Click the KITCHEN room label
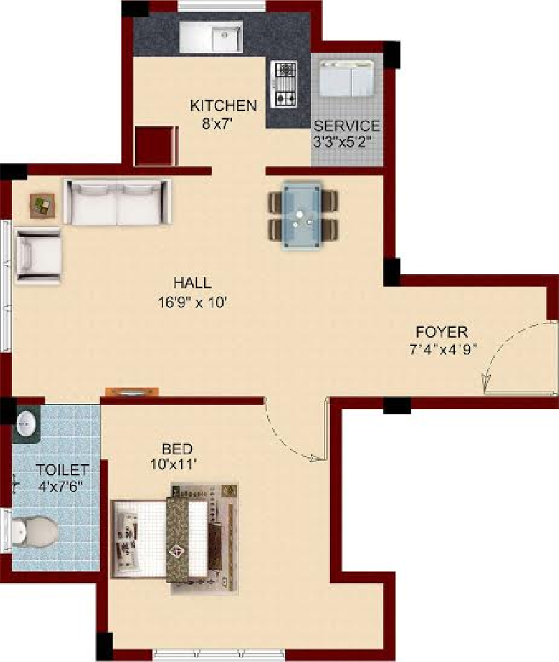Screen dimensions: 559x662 point(223,106)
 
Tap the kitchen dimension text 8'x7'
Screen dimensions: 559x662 point(217,124)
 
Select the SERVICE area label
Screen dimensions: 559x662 point(347,126)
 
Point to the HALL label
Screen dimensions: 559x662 point(192,282)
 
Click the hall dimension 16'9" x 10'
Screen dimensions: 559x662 point(193,302)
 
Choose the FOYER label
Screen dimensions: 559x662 point(442,332)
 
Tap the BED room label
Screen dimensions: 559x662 point(177,449)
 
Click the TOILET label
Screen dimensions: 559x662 point(62,470)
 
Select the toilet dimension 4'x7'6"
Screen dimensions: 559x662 point(59,487)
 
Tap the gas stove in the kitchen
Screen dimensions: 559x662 point(286,84)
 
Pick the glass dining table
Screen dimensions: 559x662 point(302,216)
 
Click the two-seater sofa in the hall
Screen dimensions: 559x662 point(117,202)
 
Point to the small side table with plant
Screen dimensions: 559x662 point(43,206)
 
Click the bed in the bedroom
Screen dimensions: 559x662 point(174,539)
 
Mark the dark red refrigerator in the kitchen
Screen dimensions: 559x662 point(155,145)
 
